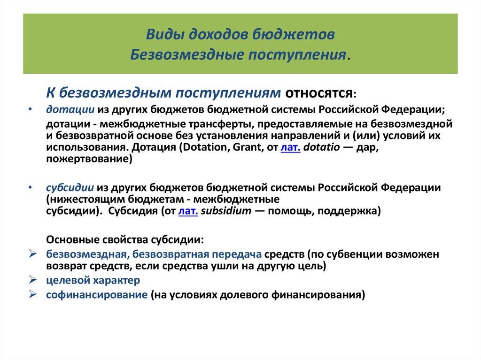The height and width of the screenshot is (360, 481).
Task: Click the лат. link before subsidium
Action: (188, 211)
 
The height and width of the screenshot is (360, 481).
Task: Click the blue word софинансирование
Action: (96, 295)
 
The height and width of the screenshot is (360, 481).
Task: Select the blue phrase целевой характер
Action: (93, 280)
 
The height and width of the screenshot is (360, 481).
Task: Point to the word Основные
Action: (69, 239)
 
